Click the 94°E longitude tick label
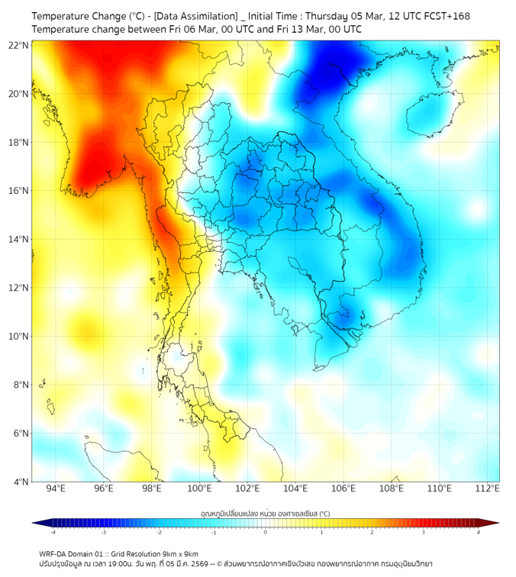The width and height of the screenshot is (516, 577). tap(56, 488)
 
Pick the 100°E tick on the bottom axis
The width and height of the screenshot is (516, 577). tap(200, 488)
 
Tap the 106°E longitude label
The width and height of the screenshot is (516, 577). tap(344, 488)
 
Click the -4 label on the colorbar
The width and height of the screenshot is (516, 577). tap(53, 531)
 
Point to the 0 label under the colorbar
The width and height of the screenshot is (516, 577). tap(266, 531)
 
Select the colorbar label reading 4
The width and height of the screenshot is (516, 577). tap(479, 531)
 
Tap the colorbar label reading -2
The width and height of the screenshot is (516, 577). tap(159, 531)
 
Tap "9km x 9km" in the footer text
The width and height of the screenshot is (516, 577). tap(178, 553)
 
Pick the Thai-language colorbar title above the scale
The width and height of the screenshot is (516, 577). tap(265, 512)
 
